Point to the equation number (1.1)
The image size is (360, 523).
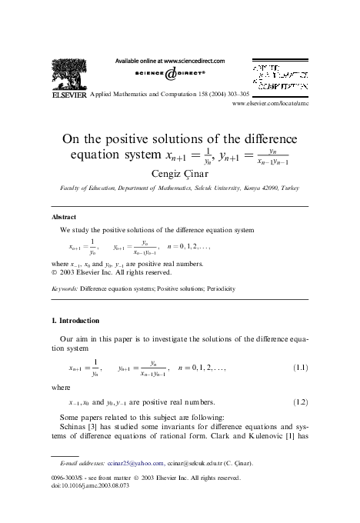tap(300, 368)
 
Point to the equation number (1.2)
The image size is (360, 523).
tap(300, 402)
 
